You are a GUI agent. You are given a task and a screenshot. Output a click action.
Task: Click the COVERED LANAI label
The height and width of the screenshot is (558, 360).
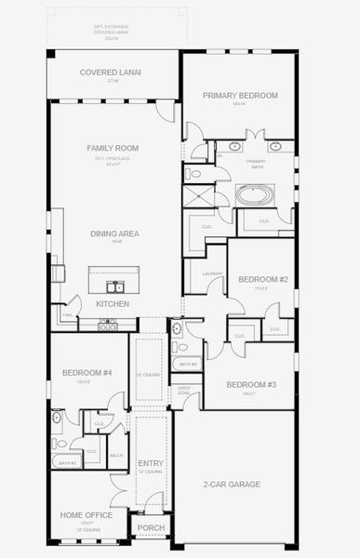(x=103, y=72)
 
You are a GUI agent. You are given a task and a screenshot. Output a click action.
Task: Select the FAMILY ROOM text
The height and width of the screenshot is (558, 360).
(x=113, y=148)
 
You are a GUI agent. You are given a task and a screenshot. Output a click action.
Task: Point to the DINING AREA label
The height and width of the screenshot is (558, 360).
(x=114, y=233)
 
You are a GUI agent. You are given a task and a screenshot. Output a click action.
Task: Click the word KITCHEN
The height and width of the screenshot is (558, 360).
(x=113, y=304)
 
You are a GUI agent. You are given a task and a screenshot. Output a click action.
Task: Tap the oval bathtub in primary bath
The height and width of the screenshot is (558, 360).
(x=254, y=195)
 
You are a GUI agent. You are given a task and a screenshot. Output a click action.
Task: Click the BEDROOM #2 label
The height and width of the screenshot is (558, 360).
(x=263, y=279)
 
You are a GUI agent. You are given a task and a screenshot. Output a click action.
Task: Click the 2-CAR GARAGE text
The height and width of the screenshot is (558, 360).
(x=232, y=484)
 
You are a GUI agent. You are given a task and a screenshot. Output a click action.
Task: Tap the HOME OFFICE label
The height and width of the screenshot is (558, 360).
(x=87, y=515)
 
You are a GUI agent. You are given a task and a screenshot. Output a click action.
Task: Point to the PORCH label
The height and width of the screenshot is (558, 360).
(x=151, y=527)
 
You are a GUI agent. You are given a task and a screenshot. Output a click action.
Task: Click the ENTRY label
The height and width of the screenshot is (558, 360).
(x=151, y=463)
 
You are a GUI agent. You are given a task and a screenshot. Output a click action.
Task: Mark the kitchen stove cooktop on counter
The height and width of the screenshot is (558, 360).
(x=109, y=325)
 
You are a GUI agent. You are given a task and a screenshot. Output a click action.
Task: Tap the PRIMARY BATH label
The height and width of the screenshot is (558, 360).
(x=256, y=163)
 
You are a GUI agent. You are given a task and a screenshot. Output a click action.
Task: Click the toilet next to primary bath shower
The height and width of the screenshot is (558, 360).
(x=192, y=173)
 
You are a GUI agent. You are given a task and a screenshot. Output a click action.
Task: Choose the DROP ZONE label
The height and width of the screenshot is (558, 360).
(x=184, y=391)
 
